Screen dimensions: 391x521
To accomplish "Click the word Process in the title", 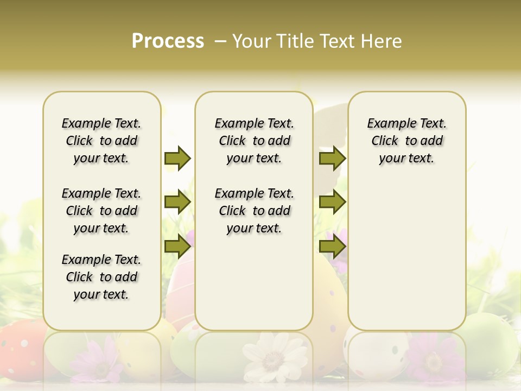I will (x=168, y=41).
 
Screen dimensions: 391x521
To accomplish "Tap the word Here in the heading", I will (x=382, y=41).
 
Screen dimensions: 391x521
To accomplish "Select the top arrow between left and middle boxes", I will (x=177, y=158).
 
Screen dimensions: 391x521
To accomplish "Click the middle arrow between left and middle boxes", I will (x=177, y=203).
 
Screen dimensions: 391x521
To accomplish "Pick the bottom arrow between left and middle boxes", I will (x=177, y=247).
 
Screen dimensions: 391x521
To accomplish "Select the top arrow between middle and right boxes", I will (x=332, y=158).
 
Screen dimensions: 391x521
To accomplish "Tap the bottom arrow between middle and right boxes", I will (x=332, y=247).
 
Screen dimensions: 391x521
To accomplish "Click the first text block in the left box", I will (x=101, y=141).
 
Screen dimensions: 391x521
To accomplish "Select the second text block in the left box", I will (x=101, y=211).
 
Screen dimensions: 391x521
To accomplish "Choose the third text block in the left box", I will (x=101, y=277).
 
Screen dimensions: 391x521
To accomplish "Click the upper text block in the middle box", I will (x=254, y=141).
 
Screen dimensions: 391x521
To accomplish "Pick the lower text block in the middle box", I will (x=254, y=211).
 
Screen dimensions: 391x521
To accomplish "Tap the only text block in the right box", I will (x=406, y=141).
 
